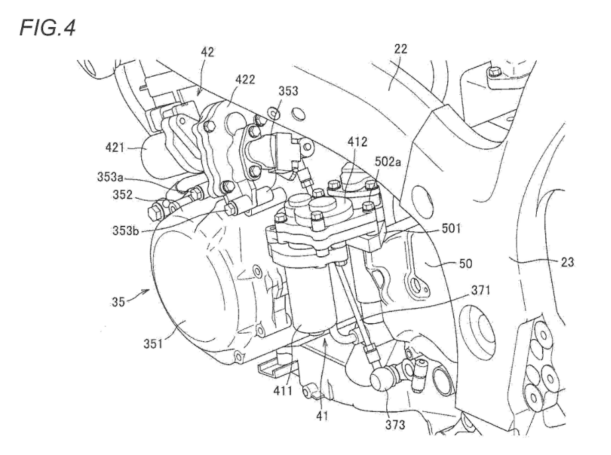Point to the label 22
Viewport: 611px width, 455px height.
click(400, 49)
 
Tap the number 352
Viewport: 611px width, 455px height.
click(125, 197)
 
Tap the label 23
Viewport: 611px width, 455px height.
click(567, 260)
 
